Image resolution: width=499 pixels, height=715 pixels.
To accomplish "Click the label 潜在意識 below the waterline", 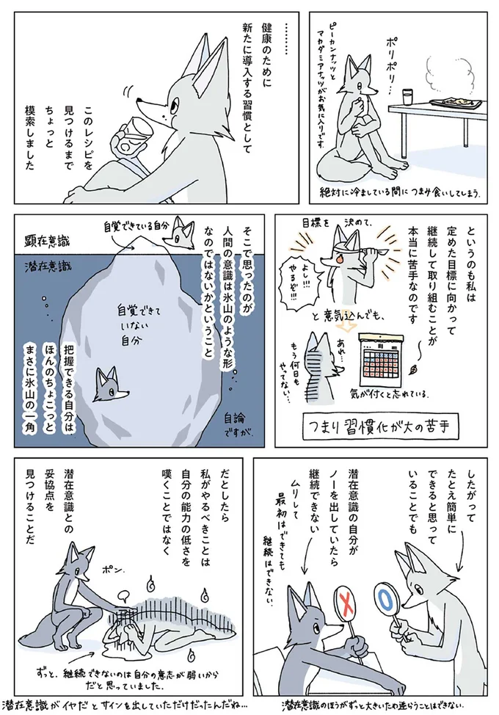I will coord(45,264).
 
